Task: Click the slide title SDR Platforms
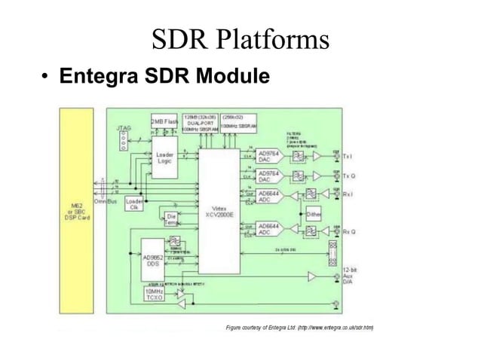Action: coord(240,39)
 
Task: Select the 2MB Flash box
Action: coord(165,121)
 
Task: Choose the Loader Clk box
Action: coord(135,204)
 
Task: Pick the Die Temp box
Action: coord(171,221)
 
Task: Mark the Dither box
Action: coord(314,213)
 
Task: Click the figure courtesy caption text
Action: coord(300,327)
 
